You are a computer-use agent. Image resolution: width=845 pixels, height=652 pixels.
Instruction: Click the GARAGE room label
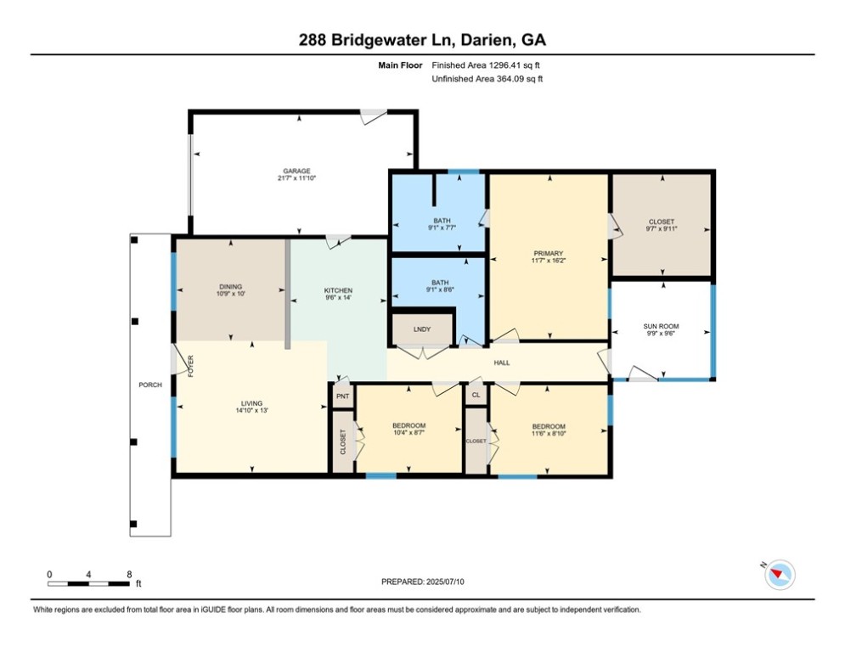pyautogui.click(x=297, y=171)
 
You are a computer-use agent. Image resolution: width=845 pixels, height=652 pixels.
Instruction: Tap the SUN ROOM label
pyautogui.click(x=661, y=326)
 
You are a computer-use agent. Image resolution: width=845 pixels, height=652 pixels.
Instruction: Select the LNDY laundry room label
pyautogui.click(x=422, y=329)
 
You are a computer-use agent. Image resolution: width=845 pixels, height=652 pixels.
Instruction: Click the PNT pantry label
pyautogui.click(x=343, y=396)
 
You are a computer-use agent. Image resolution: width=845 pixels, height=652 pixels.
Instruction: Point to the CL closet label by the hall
pyautogui.click(x=476, y=395)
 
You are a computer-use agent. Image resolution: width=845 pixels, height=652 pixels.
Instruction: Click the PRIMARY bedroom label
pyautogui.click(x=549, y=253)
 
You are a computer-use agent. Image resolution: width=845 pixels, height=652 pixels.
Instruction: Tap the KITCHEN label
pyautogui.click(x=338, y=290)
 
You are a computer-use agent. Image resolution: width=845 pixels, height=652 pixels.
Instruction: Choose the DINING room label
pyautogui.click(x=231, y=287)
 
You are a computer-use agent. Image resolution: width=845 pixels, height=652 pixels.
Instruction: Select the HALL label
pyautogui.click(x=502, y=363)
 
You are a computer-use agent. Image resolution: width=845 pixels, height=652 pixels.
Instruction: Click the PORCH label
pyautogui.click(x=150, y=385)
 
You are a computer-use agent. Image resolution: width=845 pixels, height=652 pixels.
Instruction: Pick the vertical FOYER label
pyautogui.click(x=191, y=366)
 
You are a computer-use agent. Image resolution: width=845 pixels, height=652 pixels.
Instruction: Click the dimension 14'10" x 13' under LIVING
pyautogui.click(x=251, y=410)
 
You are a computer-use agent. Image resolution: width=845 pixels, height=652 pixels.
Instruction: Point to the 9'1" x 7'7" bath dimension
pyautogui.click(x=442, y=228)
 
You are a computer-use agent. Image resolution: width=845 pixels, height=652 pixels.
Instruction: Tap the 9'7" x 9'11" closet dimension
pyautogui.click(x=662, y=228)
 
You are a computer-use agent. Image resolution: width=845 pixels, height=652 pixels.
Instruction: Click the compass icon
pyautogui.click(x=780, y=575)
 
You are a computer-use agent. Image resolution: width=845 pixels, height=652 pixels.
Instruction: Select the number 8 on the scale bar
pyautogui.click(x=129, y=575)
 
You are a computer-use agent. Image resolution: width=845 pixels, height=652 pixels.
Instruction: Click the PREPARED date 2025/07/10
pyautogui.click(x=445, y=582)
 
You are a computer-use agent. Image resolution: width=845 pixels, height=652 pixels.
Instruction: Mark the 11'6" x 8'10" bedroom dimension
pyautogui.click(x=549, y=433)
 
